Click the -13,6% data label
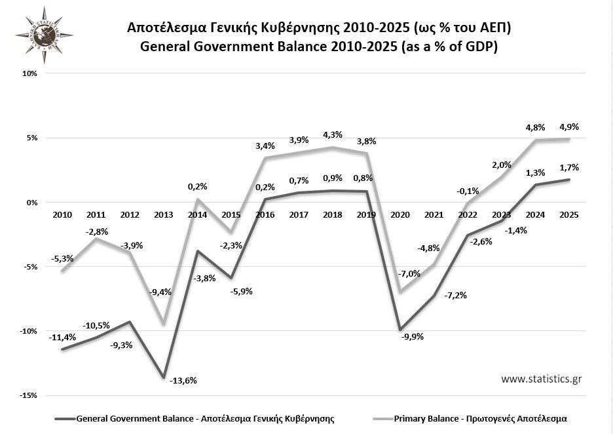(x=183, y=380)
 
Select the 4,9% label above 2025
(x=568, y=127)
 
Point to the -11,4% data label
(x=62, y=337)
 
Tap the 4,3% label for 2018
(x=332, y=134)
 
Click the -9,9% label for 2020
(x=412, y=337)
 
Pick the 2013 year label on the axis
(x=163, y=214)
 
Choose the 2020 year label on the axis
(x=399, y=214)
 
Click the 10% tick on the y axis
(x=29, y=74)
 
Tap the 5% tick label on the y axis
(x=31, y=138)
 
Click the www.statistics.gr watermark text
(x=542, y=379)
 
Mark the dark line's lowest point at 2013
(x=163, y=378)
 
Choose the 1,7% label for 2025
(x=568, y=168)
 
